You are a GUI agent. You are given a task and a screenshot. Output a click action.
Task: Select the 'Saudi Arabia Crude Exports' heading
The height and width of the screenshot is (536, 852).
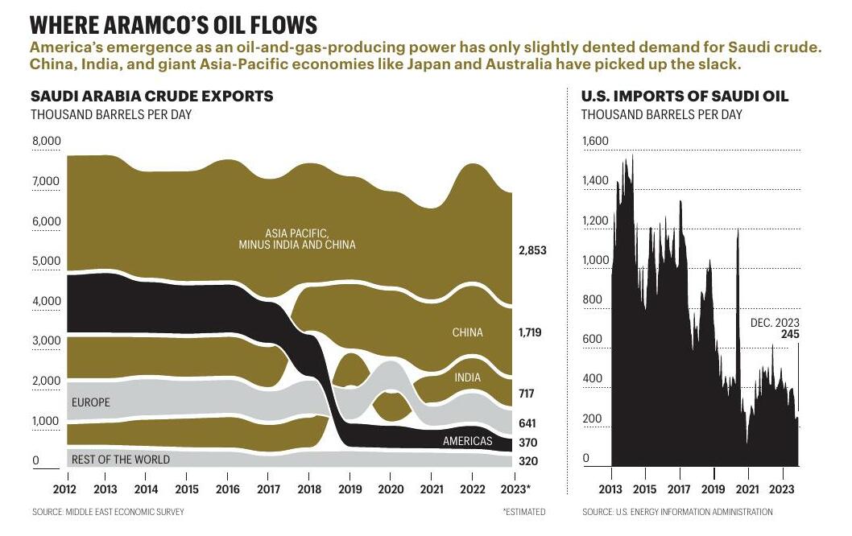152,97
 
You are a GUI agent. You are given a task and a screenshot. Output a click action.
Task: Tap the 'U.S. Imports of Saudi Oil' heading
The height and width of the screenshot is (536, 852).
684,97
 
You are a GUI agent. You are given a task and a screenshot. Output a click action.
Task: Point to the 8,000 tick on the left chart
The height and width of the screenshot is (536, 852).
47,142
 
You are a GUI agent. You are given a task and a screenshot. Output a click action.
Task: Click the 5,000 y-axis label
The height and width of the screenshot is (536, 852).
47,262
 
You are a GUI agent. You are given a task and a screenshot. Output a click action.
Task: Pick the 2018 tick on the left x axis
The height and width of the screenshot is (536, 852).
308,489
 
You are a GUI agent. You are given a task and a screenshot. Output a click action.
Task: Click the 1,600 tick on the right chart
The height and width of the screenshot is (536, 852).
596,142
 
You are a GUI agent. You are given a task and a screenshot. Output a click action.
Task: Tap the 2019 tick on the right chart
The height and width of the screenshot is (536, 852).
713,489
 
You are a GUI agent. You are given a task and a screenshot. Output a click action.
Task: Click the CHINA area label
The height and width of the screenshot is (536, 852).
467,332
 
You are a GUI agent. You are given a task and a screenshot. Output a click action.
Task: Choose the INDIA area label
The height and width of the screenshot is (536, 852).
467,377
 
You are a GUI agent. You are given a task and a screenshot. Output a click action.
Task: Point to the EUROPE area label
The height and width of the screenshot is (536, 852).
91,402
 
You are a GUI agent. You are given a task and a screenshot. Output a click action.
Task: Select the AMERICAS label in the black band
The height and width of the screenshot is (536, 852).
467,441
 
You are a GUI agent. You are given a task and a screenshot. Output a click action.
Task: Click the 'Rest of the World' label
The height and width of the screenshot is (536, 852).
121,460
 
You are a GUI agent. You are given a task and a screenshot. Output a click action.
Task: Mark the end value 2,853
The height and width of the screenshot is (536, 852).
531,250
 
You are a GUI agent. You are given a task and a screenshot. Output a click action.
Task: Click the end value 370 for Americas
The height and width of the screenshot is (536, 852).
527,443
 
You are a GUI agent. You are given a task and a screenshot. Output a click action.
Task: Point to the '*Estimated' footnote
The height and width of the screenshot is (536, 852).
523,512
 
